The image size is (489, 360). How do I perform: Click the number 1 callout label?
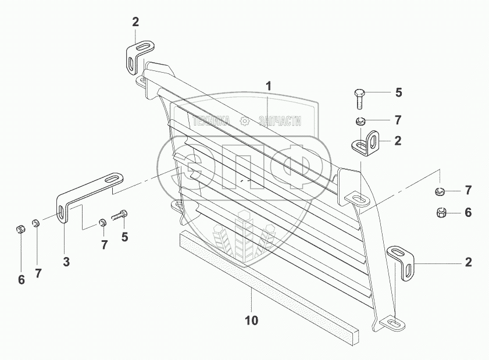point(269,86)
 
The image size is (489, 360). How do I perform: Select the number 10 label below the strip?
point(252,320)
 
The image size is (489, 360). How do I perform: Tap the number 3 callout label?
point(66,262)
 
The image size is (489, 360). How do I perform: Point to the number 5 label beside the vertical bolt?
point(398,92)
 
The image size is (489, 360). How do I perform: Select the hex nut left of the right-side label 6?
point(440,213)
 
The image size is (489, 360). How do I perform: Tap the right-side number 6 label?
point(468,213)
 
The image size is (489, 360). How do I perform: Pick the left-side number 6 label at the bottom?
point(22,280)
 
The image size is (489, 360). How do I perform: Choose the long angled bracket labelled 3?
point(87,192)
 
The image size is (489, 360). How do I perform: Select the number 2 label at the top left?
point(135,22)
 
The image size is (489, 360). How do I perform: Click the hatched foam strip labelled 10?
point(267,279)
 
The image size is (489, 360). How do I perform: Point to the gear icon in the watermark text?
point(244,121)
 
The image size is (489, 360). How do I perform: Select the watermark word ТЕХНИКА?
point(210,121)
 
